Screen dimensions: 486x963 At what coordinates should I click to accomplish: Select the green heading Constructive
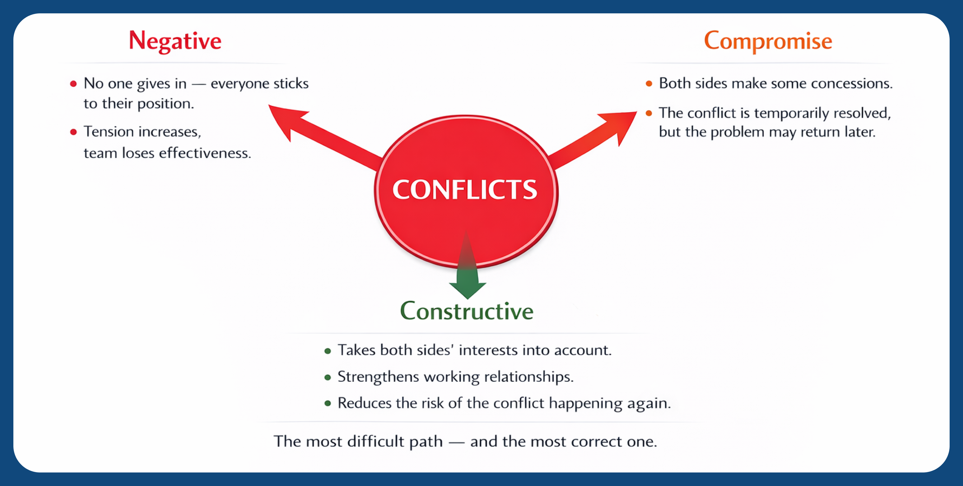pyautogui.click(x=466, y=311)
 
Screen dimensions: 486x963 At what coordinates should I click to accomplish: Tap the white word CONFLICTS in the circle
pyautogui.click(x=465, y=189)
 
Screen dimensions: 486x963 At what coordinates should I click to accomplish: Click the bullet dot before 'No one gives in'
pyautogui.click(x=73, y=84)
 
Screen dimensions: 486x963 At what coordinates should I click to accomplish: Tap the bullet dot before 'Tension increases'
pyautogui.click(x=73, y=132)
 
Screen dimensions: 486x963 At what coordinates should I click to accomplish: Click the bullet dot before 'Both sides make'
pyautogui.click(x=649, y=84)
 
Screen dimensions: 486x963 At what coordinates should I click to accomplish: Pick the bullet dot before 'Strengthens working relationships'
pyautogui.click(x=327, y=377)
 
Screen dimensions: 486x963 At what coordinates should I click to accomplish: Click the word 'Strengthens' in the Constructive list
pyautogui.click(x=378, y=376)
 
